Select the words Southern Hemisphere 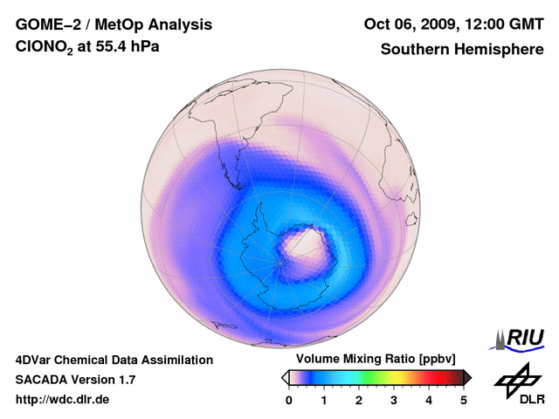click(462, 50)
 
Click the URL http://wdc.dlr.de click(63, 400)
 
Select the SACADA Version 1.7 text click(75, 380)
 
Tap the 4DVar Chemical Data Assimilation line click(114, 360)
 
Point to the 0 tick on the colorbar click(289, 400)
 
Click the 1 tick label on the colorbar click(324, 400)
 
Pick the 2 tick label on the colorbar click(359, 400)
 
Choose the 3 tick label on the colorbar click(394, 400)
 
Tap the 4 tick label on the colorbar click(429, 400)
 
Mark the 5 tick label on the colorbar click(464, 400)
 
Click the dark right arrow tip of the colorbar click(468, 377)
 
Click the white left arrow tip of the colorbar click(285, 377)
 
